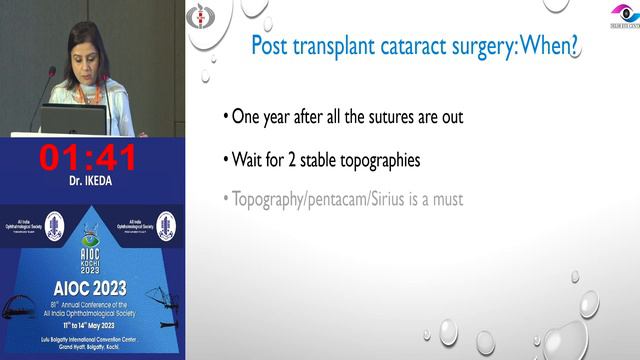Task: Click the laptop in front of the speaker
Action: [x=74, y=121]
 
